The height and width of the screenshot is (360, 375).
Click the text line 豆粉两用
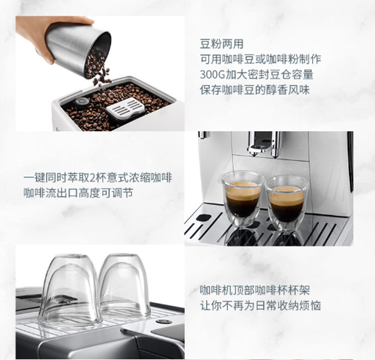(221, 44)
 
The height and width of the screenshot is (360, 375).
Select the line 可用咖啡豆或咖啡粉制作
(261, 60)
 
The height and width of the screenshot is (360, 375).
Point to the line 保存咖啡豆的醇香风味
(255, 90)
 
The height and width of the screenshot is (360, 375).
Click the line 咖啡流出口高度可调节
(78, 193)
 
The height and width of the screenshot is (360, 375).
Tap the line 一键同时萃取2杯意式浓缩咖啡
(98, 178)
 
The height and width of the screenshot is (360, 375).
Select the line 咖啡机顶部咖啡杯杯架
(255, 290)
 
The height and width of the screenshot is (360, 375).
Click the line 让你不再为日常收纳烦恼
(260, 306)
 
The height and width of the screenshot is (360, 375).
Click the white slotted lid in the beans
(126, 108)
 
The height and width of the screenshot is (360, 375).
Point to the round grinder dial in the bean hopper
(82, 102)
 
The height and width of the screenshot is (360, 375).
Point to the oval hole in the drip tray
(203, 217)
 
